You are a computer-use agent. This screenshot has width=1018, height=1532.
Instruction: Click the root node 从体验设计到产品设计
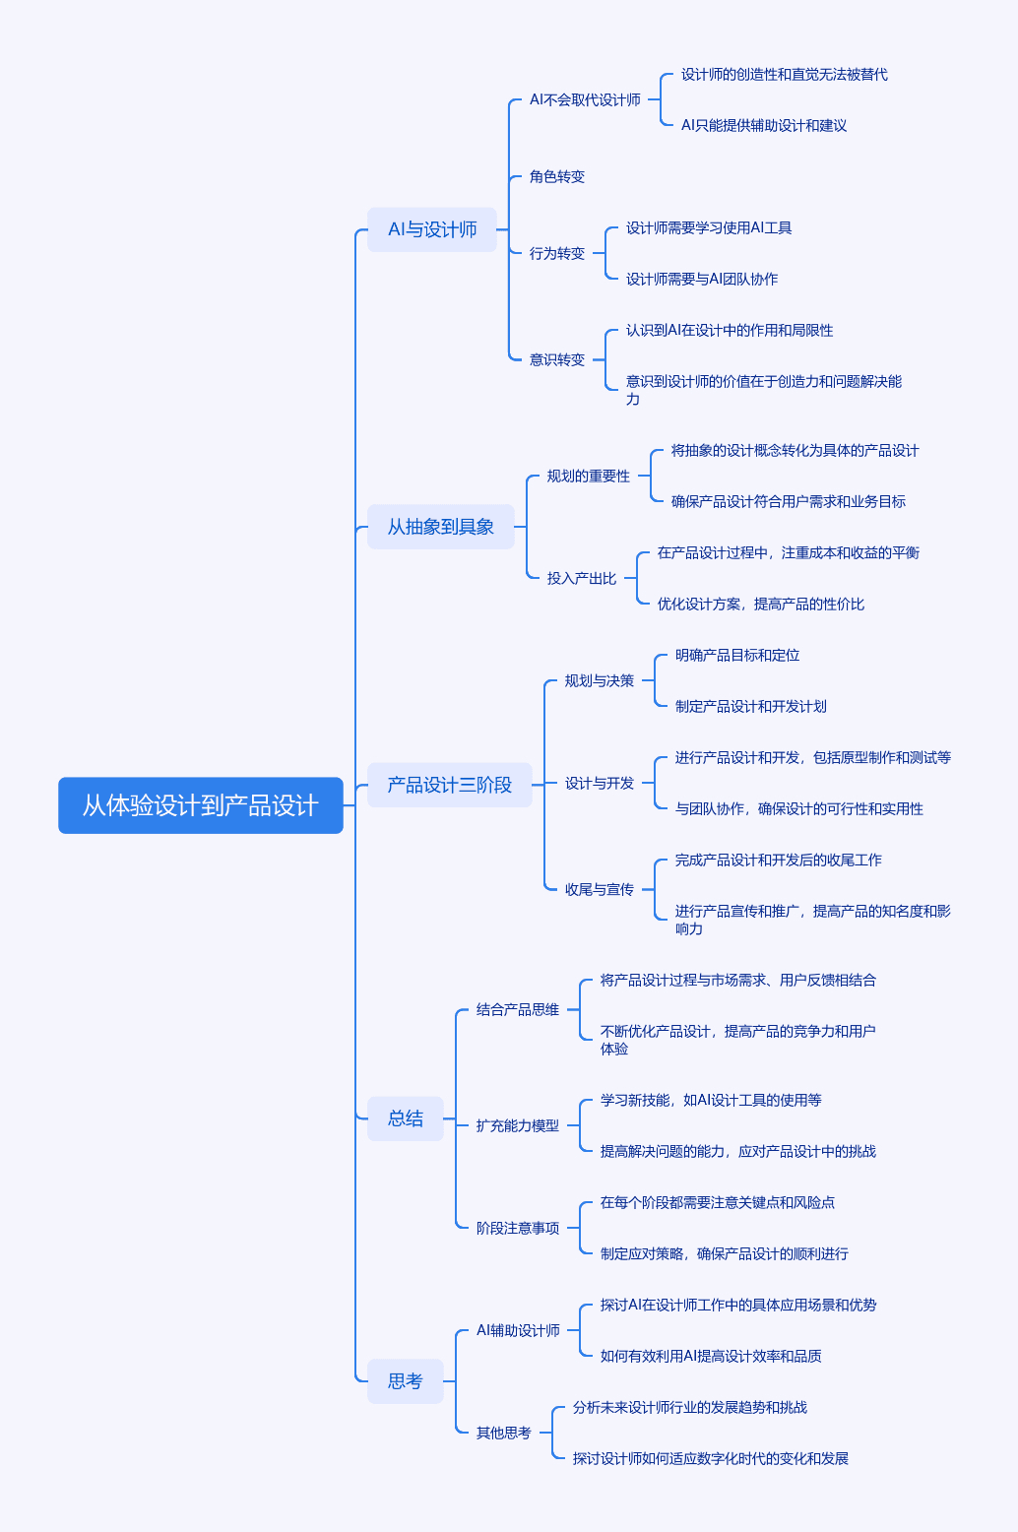pos(200,805)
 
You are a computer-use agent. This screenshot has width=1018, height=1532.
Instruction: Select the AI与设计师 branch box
pos(432,229)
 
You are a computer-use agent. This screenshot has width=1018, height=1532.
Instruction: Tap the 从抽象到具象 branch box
pos(441,527)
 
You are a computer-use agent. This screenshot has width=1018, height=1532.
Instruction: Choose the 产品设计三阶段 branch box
pos(450,785)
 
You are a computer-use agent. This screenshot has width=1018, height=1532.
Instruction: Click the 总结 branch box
pos(406,1118)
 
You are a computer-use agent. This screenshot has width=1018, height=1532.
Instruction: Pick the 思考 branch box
pos(406,1381)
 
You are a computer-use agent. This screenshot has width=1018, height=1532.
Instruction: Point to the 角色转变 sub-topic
pos(557,176)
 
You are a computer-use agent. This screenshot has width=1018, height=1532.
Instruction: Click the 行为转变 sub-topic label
pos(557,253)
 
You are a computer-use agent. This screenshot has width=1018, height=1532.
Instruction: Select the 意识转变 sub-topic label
pos(557,359)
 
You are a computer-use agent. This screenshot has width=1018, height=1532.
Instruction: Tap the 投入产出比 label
pos(582,579)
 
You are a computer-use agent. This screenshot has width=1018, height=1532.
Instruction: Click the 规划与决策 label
pos(600,680)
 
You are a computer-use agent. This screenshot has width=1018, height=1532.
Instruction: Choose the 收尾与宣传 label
pos(600,890)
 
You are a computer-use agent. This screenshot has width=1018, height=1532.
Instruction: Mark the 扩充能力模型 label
pos(518,1125)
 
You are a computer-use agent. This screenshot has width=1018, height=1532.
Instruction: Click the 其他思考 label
pos(504,1433)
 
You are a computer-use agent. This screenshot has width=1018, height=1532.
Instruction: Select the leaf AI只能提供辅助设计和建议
pos(764,125)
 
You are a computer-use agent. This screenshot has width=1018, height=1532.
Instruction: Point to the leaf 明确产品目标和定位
pos(737,655)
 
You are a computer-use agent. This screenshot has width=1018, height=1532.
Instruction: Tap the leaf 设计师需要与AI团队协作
pos(702,279)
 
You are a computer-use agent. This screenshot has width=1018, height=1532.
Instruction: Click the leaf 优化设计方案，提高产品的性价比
pos(761,604)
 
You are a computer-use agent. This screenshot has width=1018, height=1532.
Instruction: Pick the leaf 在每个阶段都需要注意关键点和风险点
pos(718,1202)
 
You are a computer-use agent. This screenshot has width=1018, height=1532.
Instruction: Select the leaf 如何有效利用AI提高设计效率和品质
pos(711,1356)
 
